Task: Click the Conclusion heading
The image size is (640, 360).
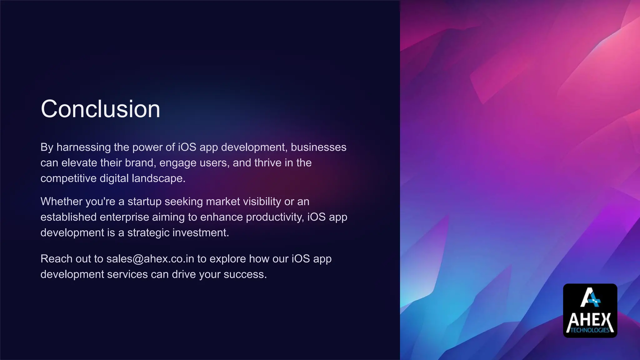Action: [x=100, y=109]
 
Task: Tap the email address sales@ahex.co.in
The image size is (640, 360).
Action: [x=150, y=259]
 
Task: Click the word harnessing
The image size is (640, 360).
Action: [x=83, y=147]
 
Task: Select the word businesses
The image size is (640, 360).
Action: [x=318, y=147]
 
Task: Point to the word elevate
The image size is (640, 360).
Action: [x=79, y=163]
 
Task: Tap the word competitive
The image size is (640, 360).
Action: [x=68, y=178]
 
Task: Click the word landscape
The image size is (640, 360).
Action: [x=158, y=178]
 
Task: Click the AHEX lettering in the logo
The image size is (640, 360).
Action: [x=590, y=321]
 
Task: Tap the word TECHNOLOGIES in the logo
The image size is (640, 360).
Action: [x=590, y=330]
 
